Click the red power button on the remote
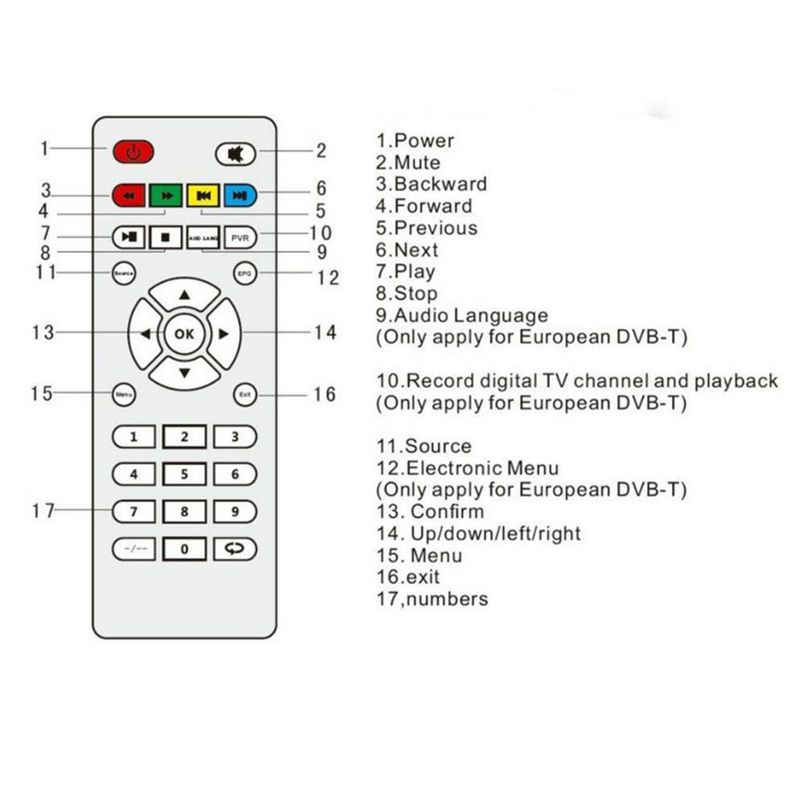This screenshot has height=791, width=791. click(133, 151)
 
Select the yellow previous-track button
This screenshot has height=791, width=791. click(203, 195)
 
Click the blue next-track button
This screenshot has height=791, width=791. click(240, 195)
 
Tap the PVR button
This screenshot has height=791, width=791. click(240, 237)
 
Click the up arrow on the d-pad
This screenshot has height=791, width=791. click(184, 295)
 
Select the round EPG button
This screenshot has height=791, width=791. click(245, 273)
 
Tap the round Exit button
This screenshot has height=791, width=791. click(245, 395)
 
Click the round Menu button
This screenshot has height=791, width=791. click(124, 395)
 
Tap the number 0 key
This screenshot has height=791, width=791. click(184, 549)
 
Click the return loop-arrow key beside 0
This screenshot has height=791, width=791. click(235, 549)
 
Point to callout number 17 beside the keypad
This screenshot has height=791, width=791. click(44, 511)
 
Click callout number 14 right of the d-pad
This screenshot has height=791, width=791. click(325, 333)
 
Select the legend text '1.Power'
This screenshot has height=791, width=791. click(415, 141)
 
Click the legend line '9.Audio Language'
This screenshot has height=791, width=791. click(462, 316)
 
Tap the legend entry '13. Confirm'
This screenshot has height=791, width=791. click(430, 511)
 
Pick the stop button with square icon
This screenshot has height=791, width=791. click(165, 237)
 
